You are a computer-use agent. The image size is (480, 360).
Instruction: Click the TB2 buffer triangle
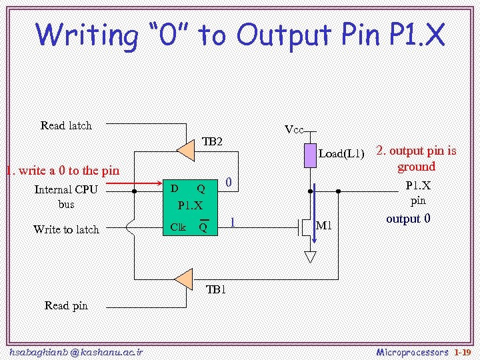[x=187, y=151]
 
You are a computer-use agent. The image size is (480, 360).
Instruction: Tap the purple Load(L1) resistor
[x=310, y=155]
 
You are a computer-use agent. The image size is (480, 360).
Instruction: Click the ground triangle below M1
[x=311, y=256]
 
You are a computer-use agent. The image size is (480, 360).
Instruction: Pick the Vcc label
[x=294, y=129]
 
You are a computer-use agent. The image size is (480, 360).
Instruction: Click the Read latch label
[x=66, y=125]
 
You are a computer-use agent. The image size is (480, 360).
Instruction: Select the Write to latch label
[x=66, y=229]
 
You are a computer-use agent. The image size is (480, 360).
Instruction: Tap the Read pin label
[x=66, y=305]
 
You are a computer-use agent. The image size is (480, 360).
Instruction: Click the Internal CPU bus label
[x=66, y=197]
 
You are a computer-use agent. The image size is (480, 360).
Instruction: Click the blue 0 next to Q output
[x=228, y=182]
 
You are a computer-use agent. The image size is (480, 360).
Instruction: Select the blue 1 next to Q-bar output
[x=232, y=222]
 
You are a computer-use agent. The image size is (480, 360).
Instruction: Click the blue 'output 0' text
[x=409, y=219]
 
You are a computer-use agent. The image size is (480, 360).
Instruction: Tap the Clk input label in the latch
[x=178, y=227]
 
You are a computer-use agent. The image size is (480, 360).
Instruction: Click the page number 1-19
[x=463, y=351]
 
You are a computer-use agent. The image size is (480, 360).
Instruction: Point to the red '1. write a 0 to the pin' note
[x=62, y=171]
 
